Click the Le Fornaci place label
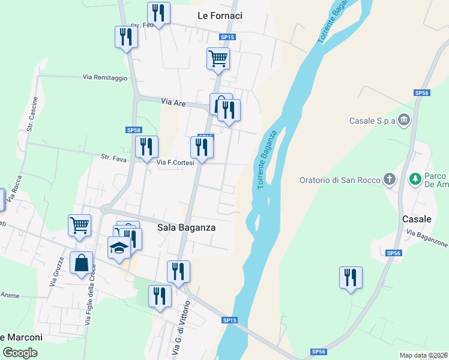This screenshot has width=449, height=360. pyautogui.click(x=220, y=16)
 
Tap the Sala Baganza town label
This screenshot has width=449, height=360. pyautogui.click(x=186, y=227)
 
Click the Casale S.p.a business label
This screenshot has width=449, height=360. pyautogui.click(x=373, y=121)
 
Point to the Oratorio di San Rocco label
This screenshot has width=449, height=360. pyautogui.click(x=340, y=179)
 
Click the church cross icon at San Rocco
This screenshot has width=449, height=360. pyautogui.click(x=390, y=179)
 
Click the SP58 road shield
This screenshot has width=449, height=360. pyautogui.click(x=133, y=130)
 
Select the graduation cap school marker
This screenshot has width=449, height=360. pyautogui.click(x=119, y=247)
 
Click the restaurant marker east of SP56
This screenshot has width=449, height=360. pyautogui.click(x=351, y=278)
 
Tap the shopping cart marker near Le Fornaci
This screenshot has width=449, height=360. pyautogui.click(x=218, y=59)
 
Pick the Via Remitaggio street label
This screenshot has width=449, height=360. pyautogui.click(x=105, y=77)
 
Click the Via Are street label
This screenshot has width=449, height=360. pyautogui.click(x=173, y=103)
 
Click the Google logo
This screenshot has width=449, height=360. pyautogui.click(x=20, y=352)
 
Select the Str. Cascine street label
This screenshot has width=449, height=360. pyautogui.click(x=32, y=114)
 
